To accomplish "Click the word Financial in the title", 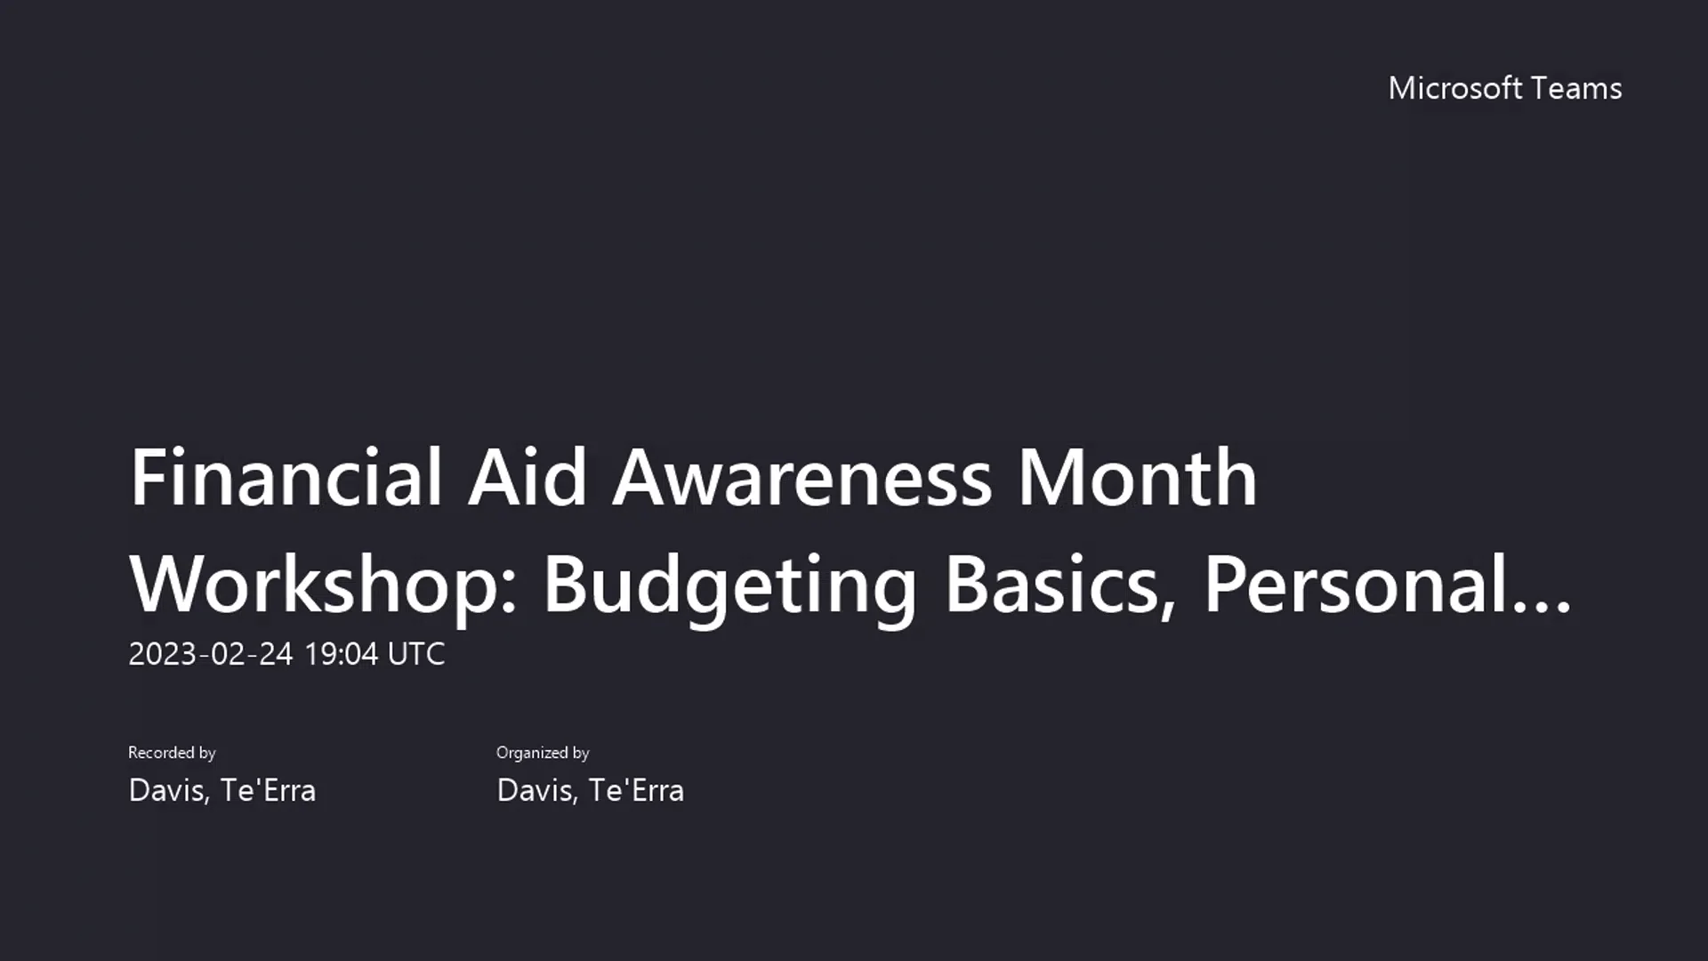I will [x=286, y=478].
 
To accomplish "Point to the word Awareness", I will [x=802, y=478].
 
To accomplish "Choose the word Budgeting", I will [x=729, y=585].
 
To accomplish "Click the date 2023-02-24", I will [x=211, y=654].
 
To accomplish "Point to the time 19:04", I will [x=341, y=654].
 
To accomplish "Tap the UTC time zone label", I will [x=416, y=654].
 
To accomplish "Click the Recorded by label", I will [x=172, y=753].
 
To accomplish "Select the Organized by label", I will [x=543, y=753].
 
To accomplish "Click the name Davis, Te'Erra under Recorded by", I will [x=222, y=790].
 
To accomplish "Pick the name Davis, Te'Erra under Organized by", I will [x=590, y=790].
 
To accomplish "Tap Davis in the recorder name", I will [x=168, y=790].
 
